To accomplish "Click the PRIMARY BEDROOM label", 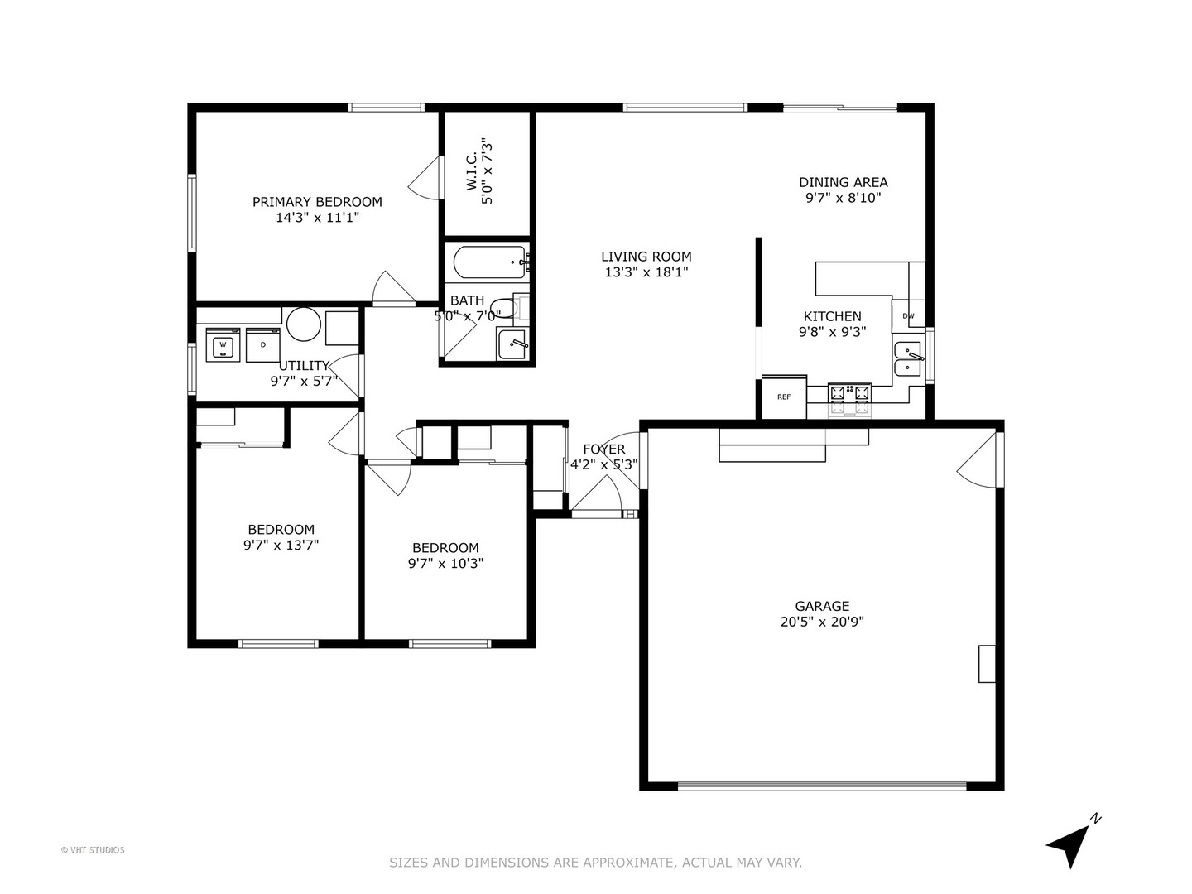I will click(317, 202).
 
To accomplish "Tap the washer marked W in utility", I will click(223, 344).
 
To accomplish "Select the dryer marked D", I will click(263, 344).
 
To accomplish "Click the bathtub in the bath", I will click(489, 263).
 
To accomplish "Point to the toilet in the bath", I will click(505, 309).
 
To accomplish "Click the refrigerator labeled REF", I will click(783, 397).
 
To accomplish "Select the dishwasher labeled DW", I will click(908, 315).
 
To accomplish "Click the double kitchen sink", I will click(907, 359).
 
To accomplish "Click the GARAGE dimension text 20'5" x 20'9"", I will click(822, 622).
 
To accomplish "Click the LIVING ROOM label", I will click(646, 257).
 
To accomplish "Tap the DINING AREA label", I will click(843, 182).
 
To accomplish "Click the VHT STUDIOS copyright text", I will click(93, 850).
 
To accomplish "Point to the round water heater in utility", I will click(303, 324).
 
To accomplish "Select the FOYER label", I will click(603, 449).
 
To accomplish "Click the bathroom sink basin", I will click(512, 344).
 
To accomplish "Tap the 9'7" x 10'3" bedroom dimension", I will click(445, 564).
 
